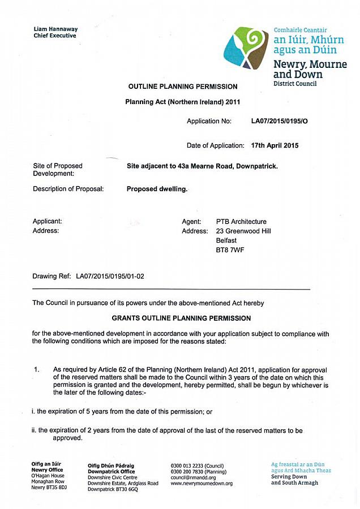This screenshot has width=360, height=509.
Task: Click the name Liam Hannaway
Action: point(55,29)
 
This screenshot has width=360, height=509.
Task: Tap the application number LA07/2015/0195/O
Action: point(280,121)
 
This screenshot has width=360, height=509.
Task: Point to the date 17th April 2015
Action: point(275,145)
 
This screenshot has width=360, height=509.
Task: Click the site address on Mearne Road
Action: point(202,166)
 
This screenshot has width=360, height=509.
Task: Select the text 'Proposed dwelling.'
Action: point(157,189)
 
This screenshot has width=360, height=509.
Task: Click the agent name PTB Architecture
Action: point(241,222)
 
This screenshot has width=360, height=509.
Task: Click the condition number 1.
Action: point(37,370)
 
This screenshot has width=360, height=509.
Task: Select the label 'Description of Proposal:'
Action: point(68,189)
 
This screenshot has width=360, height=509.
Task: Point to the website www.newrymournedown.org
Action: point(202,484)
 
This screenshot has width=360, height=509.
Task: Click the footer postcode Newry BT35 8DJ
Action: point(49,488)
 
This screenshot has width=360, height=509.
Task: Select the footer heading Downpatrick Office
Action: point(112,472)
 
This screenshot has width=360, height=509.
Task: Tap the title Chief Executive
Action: point(54,36)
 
